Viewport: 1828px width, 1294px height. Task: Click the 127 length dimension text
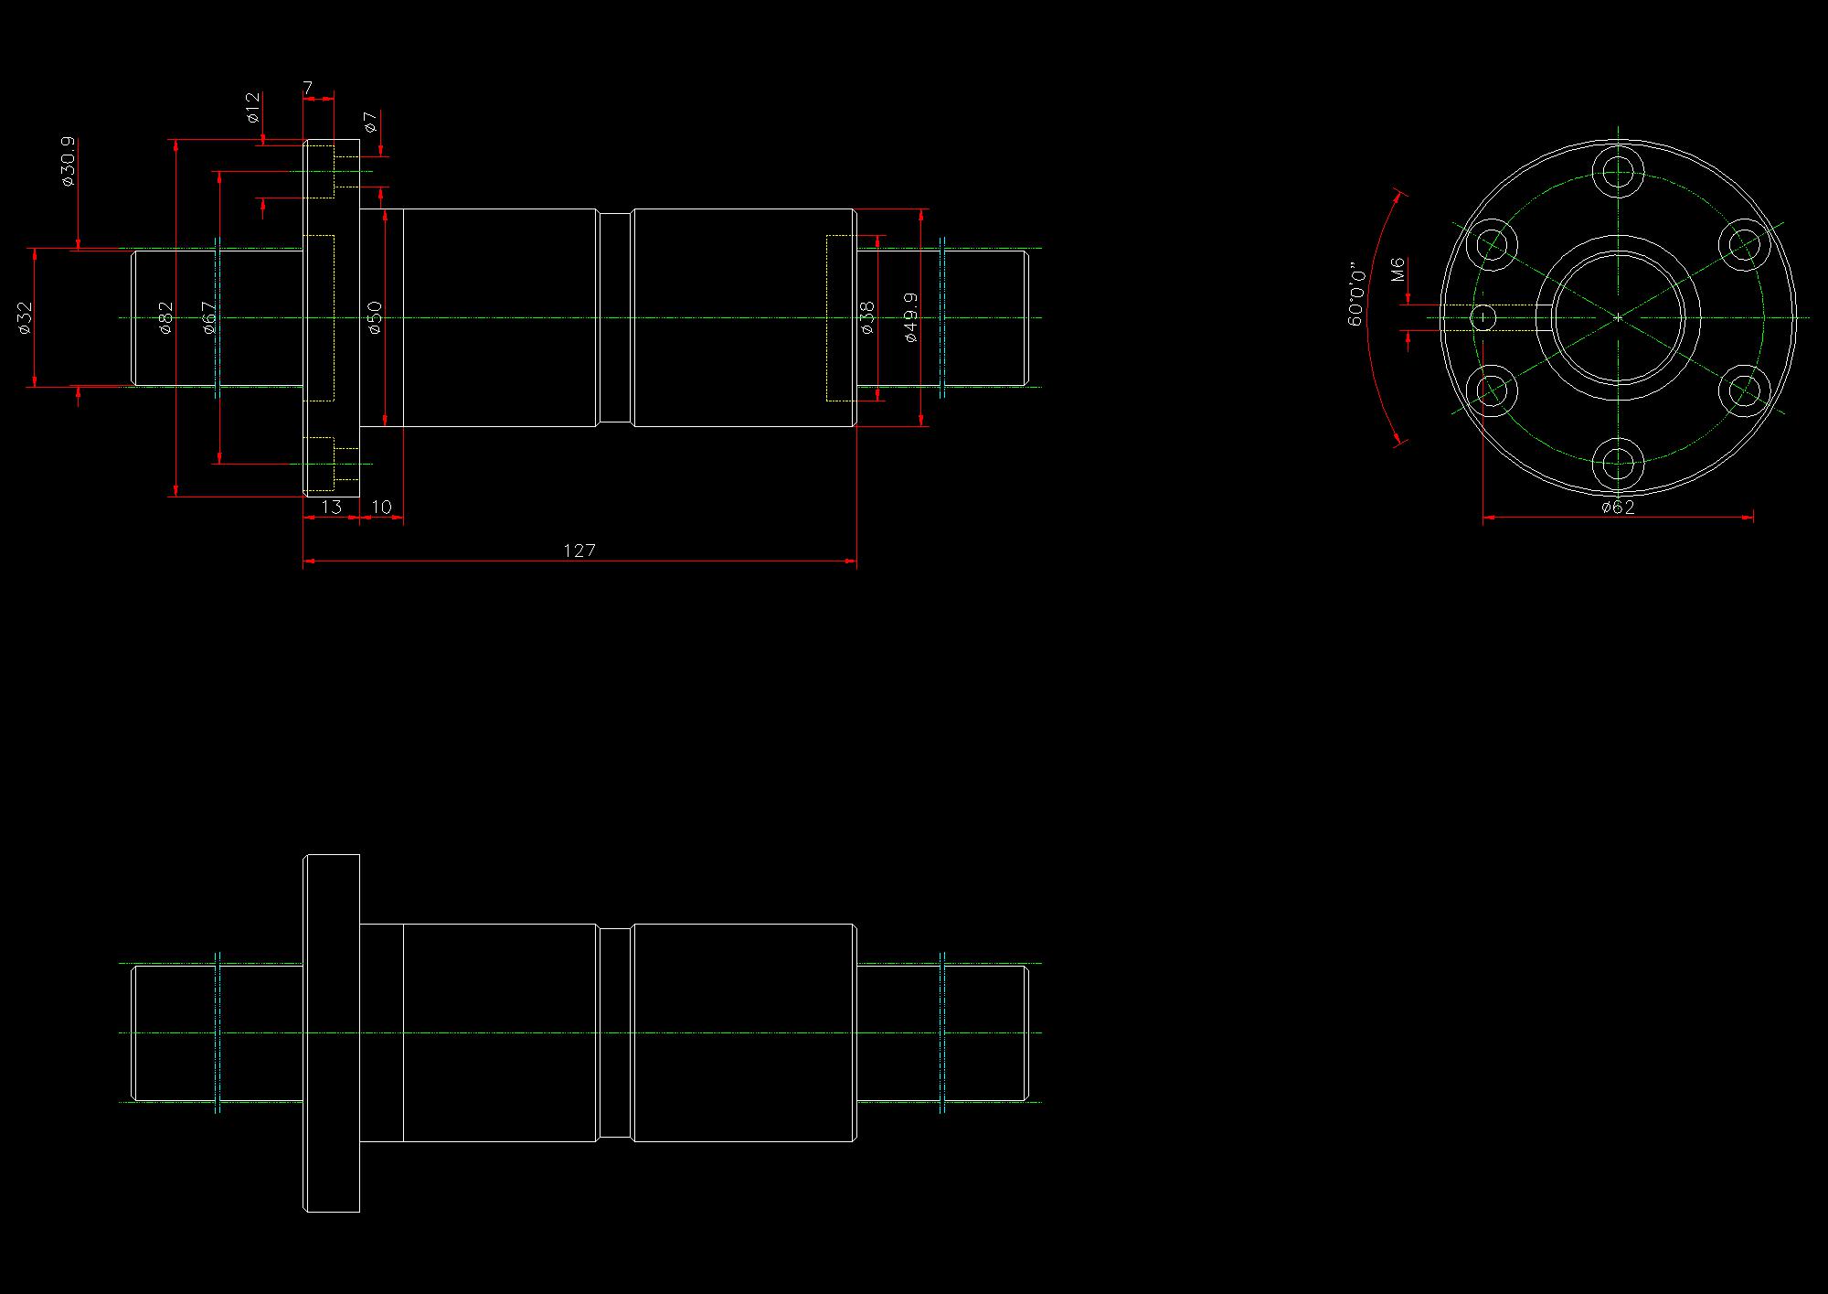tap(579, 551)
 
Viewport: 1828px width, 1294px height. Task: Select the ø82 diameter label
tap(165, 317)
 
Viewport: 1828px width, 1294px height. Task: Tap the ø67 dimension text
tap(209, 317)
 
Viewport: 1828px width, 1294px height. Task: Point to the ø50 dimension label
tap(375, 317)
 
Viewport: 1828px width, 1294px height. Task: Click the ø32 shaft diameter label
tap(25, 317)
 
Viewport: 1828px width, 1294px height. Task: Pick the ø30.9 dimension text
tap(67, 162)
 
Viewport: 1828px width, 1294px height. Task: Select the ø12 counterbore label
tap(253, 107)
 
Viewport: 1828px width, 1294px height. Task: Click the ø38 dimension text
tap(867, 317)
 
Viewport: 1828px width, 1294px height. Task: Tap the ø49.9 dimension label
tap(910, 317)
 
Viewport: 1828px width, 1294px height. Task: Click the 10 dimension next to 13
tap(381, 507)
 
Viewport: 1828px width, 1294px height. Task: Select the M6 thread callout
tap(1397, 270)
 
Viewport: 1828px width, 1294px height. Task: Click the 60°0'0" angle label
tap(1356, 295)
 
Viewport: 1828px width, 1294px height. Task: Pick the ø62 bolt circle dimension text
tap(1618, 508)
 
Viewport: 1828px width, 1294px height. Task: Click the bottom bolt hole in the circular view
tap(1618, 464)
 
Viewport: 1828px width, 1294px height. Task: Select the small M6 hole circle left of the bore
tap(1484, 317)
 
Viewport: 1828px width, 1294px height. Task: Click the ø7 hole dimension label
tap(370, 122)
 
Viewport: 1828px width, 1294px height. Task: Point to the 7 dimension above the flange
tap(308, 88)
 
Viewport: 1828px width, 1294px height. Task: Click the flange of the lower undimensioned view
tap(332, 1033)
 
